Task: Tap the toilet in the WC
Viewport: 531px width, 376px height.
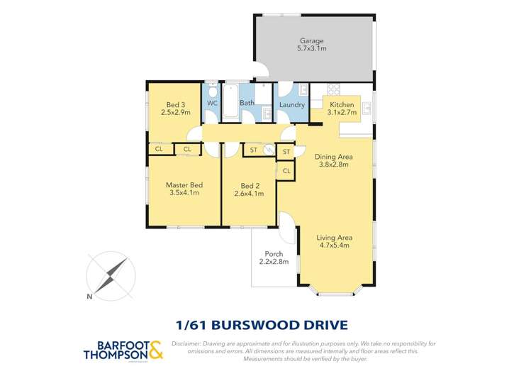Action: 212,90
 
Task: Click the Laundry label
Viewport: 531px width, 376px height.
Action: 291,106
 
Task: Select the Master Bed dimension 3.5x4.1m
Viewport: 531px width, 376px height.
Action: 184,192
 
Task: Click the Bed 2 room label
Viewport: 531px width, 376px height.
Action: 248,185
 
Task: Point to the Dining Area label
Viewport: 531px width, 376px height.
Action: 333,157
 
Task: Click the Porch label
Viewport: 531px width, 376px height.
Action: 274,254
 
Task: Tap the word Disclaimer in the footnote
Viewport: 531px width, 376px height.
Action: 186,343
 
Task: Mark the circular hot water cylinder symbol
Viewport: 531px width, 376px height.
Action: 269,150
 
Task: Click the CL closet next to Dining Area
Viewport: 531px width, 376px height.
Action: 286,171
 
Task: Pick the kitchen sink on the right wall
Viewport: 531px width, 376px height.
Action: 367,109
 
